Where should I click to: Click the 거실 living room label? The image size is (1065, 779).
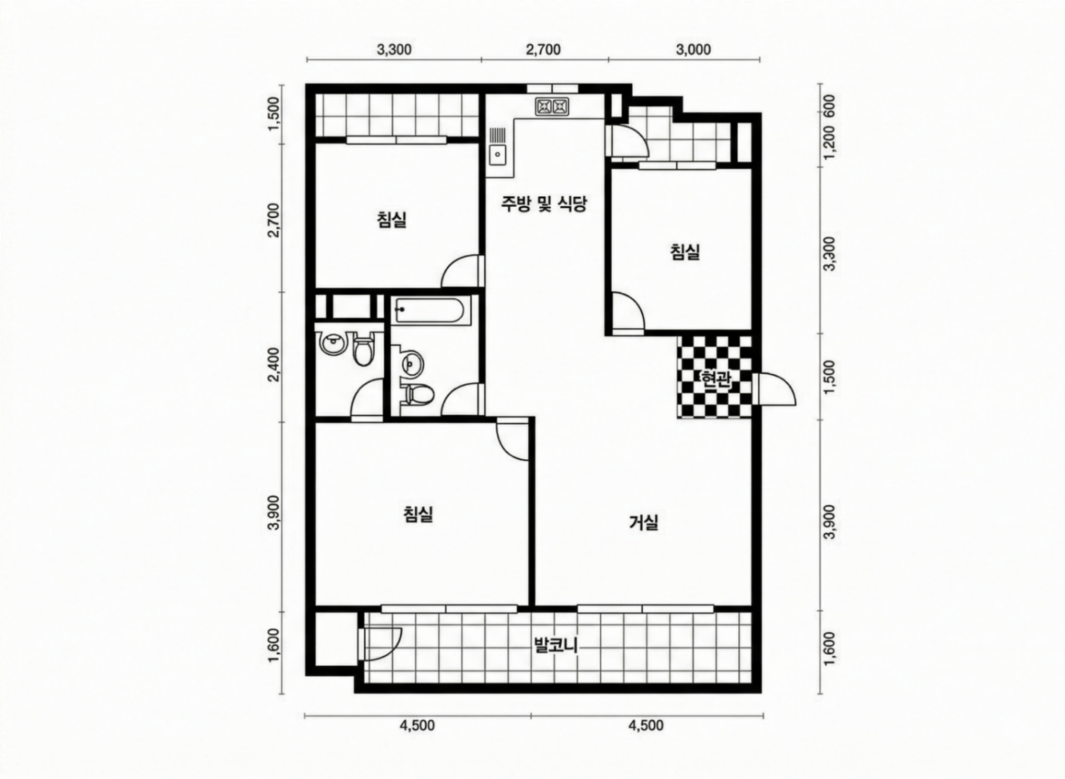point(644,522)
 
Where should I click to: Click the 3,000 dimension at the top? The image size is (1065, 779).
point(694,49)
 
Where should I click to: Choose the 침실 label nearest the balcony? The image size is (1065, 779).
point(418,514)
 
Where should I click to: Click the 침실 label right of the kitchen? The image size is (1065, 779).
point(685,252)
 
